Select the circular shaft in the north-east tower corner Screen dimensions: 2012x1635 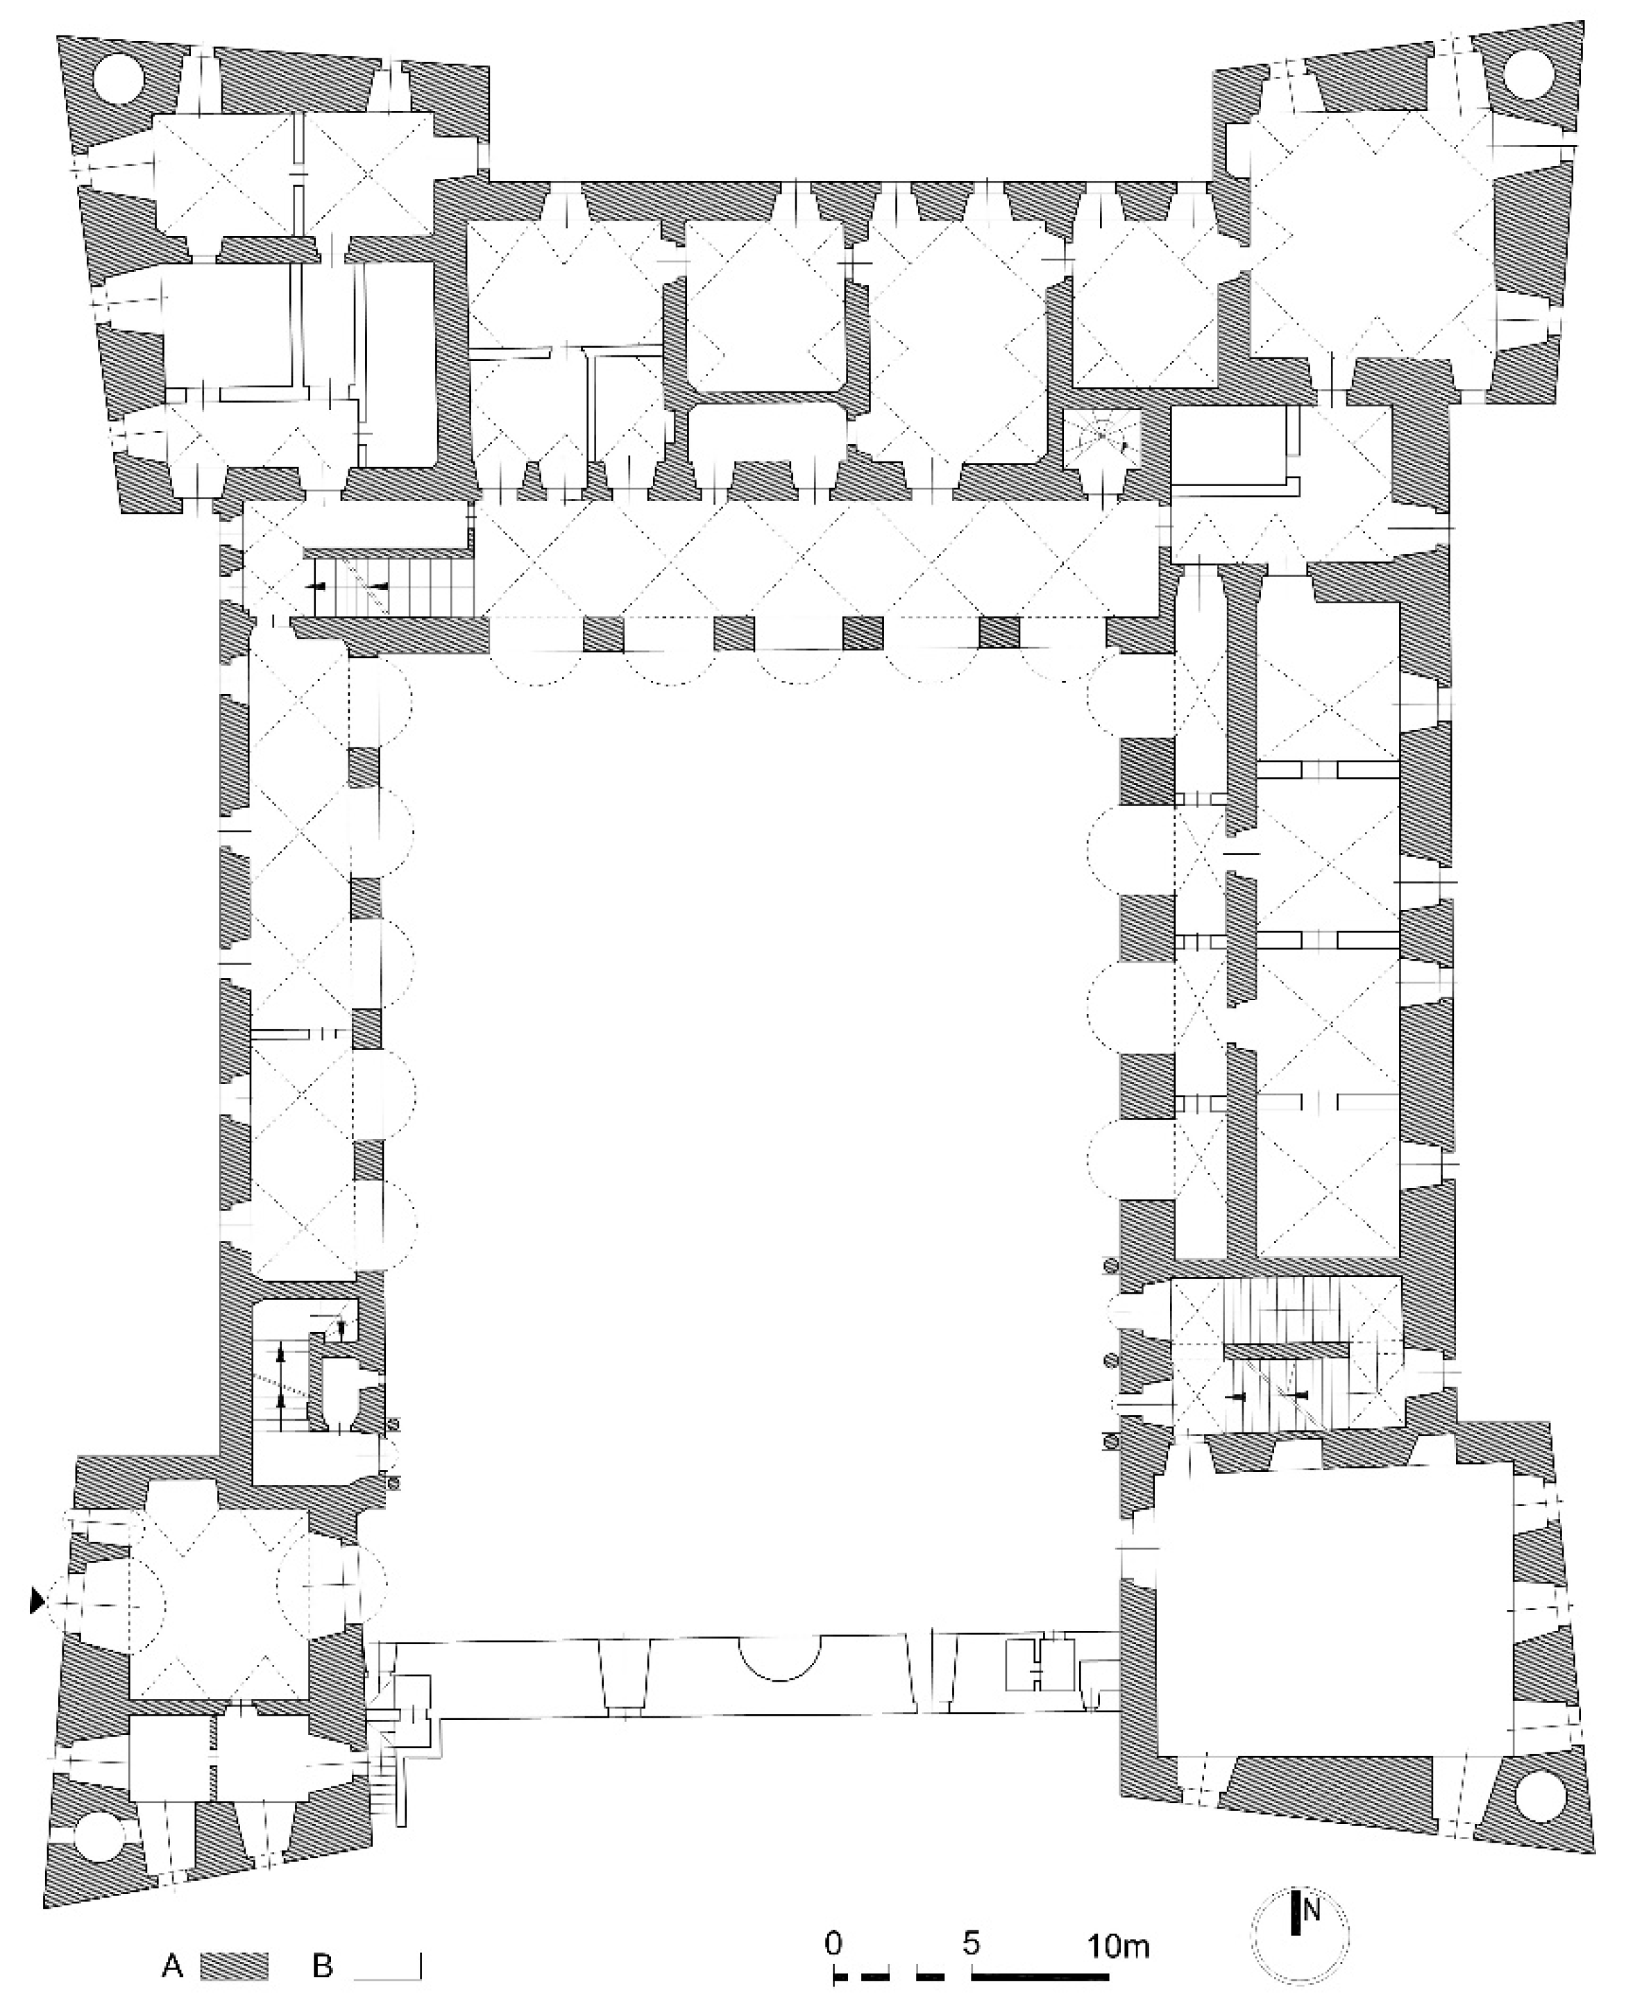[x=1527, y=73]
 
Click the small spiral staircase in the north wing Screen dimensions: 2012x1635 [x=1102, y=438]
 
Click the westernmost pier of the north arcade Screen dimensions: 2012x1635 [x=603, y=633]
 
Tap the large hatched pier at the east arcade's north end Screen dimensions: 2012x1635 [x=1146, y=770]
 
